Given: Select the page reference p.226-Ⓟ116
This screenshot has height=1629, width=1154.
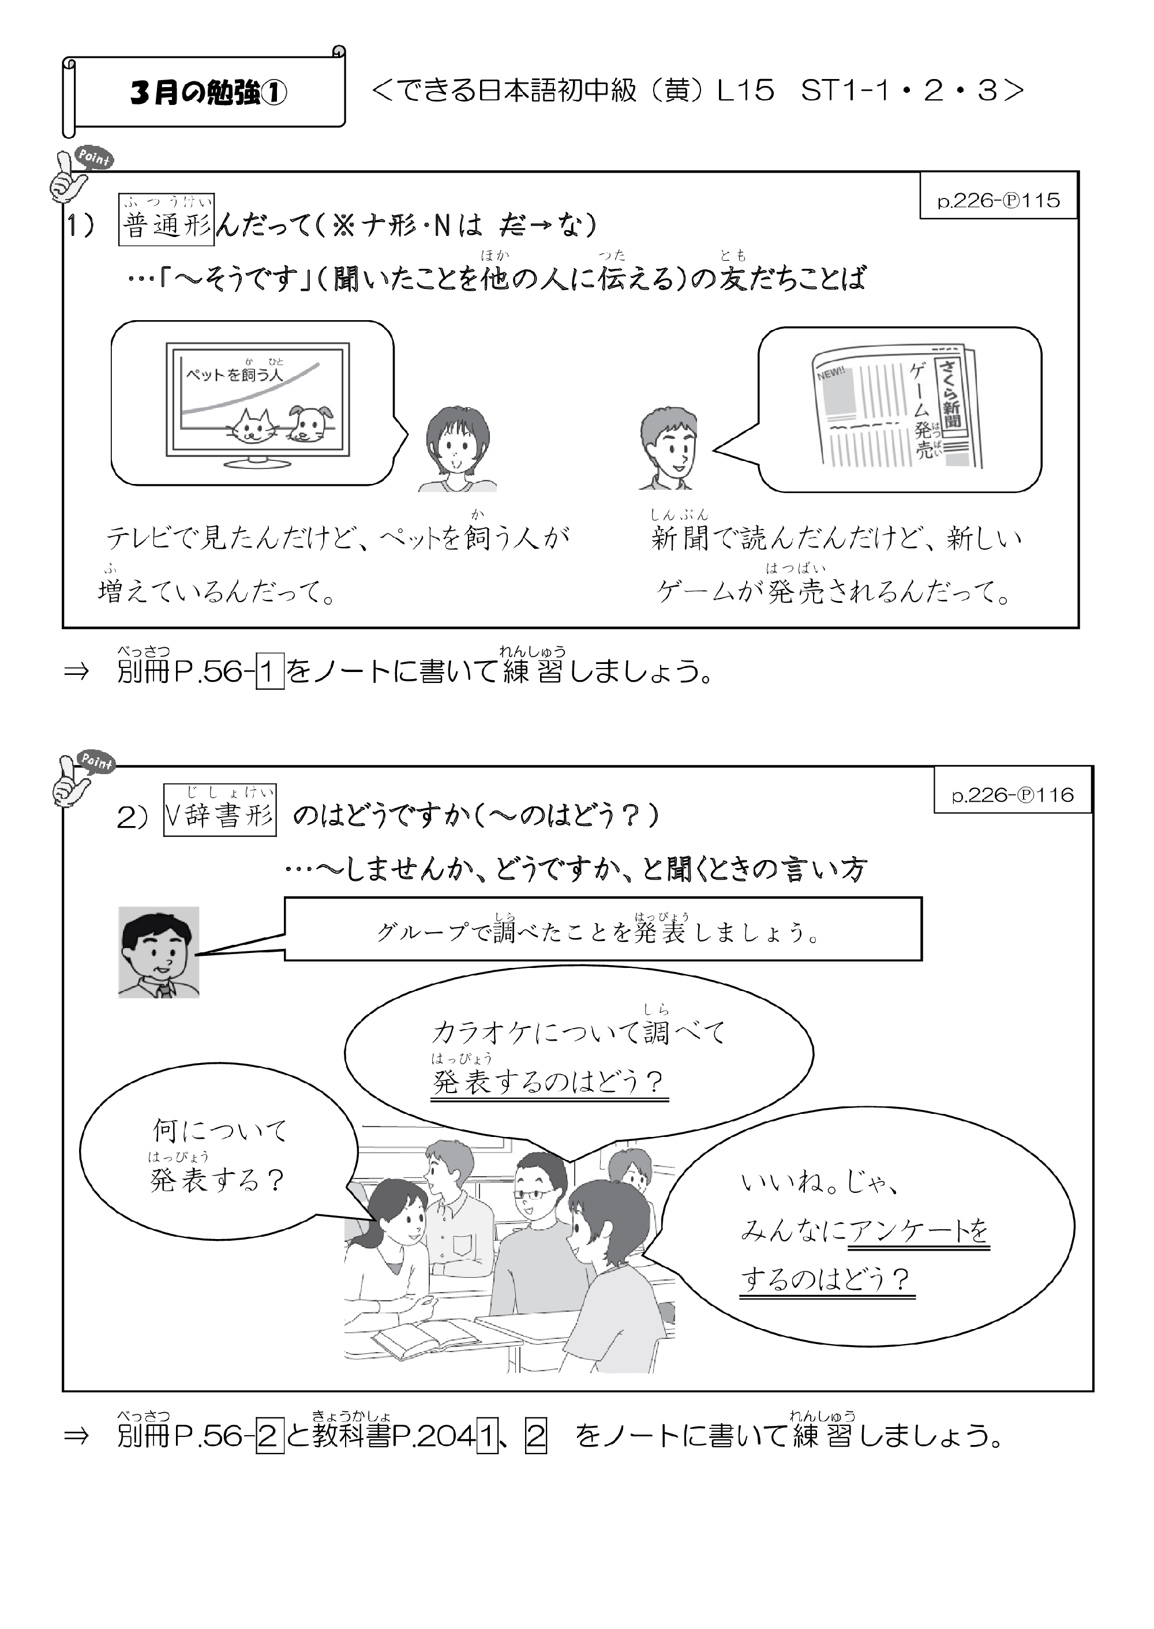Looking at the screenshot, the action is [1013, 795].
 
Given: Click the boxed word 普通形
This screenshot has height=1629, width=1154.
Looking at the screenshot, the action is [166, 220].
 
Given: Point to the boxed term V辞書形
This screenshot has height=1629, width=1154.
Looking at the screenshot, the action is [220, 810].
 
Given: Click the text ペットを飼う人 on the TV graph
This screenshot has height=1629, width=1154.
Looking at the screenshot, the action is [234, 374].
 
